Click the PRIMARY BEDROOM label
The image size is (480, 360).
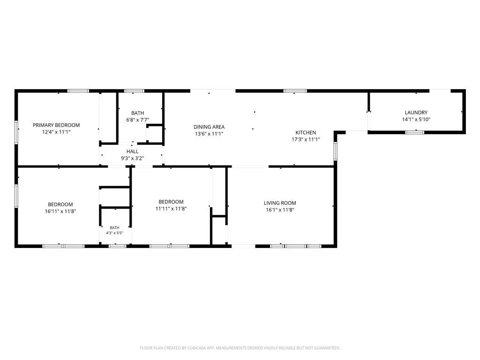56,125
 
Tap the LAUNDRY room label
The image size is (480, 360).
416,112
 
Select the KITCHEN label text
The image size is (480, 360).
306,133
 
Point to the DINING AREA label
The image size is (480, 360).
209,127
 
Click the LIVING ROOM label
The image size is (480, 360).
280,203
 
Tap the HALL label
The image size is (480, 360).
132,151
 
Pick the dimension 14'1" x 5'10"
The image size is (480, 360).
416,120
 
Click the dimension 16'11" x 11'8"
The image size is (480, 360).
60,211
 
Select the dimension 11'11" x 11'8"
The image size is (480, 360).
171,209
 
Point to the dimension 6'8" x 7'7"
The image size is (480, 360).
137,120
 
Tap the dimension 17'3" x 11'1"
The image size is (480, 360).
306,140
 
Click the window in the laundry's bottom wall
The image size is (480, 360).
415,132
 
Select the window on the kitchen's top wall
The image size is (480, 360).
295,91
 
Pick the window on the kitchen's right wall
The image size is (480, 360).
336,151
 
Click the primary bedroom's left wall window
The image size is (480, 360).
16,132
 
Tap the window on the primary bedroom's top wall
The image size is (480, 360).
78,91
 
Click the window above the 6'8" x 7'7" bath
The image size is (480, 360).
134,91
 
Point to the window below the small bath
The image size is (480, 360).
118,246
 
